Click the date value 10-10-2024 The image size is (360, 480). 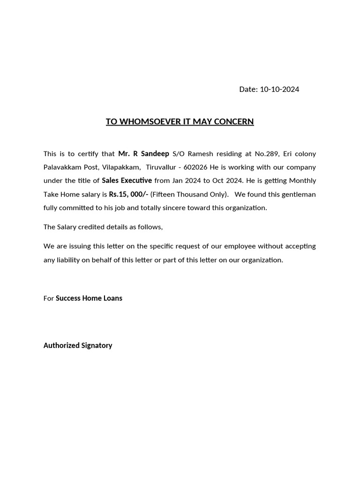click(x=279, y=89)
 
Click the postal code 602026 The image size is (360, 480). click(x=196, y=167)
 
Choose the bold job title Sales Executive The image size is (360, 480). click(x=127, y=180)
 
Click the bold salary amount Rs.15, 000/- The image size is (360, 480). click(x=128, y=194)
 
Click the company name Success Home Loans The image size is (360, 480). click(x=89, y=298)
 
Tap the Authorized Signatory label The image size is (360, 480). click(x=78, y=345)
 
